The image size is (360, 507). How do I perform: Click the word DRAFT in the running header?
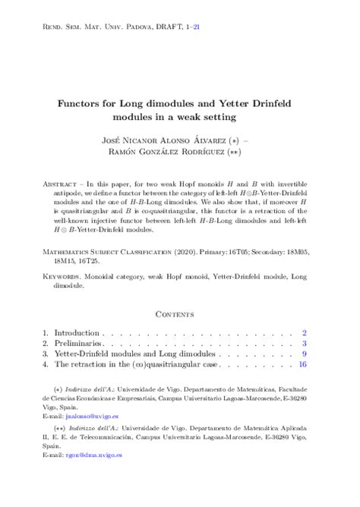[163, 26]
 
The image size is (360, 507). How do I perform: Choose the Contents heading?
[180, 312]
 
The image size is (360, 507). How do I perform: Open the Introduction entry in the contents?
[76, 332]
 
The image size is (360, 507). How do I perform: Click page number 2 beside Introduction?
[304, 332]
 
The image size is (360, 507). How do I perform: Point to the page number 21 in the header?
[197, 26]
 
